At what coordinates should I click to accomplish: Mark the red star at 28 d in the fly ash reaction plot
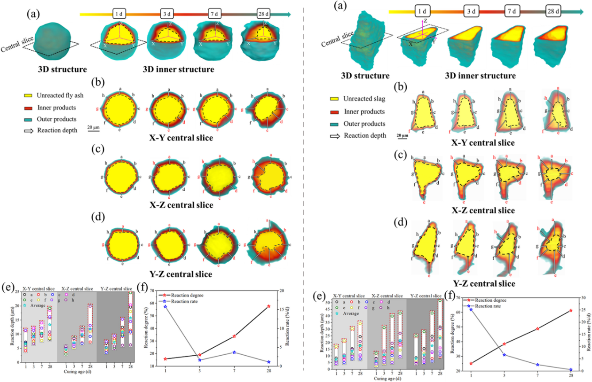(x=268, y=306)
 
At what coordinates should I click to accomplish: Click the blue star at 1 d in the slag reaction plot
(x=471, y=309)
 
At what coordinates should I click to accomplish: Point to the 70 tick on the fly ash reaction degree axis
(x=155, y=291)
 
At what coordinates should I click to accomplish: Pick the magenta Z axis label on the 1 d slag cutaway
(x=412, y=22)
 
